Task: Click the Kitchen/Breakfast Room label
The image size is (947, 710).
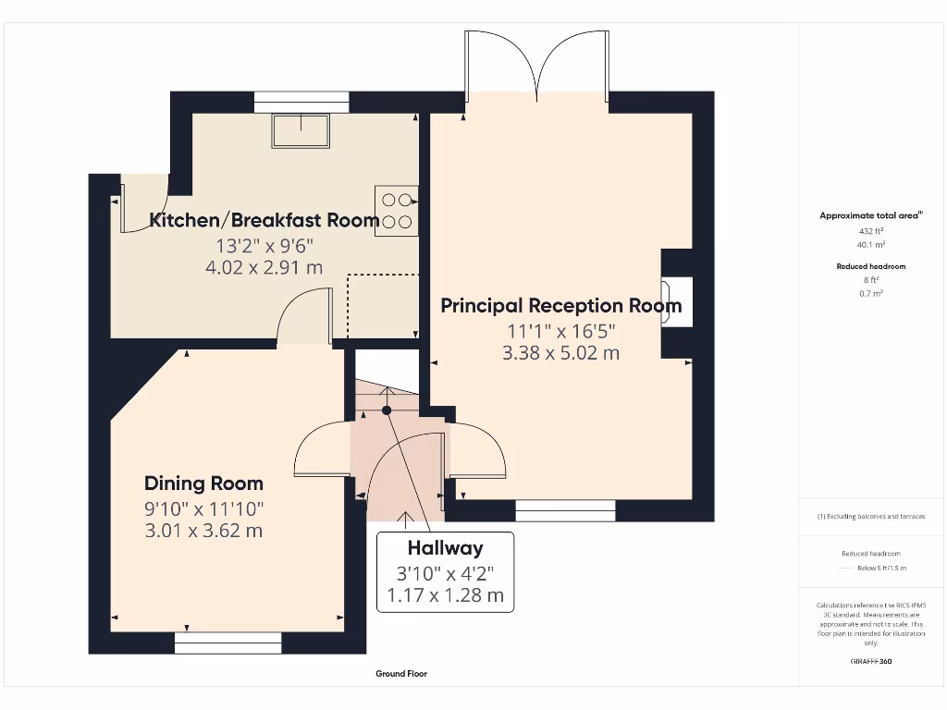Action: point(264,220)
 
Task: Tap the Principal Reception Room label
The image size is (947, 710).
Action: point(560,305)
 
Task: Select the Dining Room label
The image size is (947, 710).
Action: point(203,484)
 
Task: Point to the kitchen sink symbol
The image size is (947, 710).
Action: point(301,130)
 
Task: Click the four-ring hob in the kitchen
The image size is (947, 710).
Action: point(396,211)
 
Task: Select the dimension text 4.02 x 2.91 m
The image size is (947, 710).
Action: point(264,268)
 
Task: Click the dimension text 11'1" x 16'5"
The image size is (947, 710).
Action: point(560,330)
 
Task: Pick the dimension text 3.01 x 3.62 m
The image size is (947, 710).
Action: point(203,531)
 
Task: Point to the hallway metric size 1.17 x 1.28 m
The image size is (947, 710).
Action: point(445,595)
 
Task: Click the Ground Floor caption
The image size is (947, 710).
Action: point(401,674)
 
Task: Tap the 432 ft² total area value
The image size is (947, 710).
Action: point(872,231)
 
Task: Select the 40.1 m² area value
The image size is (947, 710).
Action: point(872,245)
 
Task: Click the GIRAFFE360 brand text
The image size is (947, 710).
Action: point(871,662)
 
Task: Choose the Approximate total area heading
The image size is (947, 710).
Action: point(871,215)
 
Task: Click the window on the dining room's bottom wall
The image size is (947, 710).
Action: point(228,643)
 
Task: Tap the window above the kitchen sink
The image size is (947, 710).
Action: point(301,102)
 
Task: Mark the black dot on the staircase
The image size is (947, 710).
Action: point(387,410)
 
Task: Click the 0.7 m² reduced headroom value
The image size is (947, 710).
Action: point(872,293)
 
